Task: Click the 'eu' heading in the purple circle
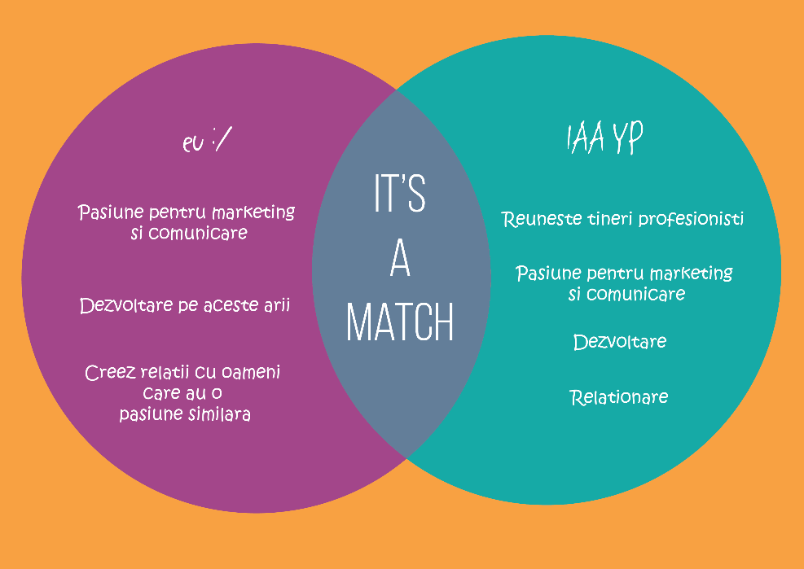[193, 143]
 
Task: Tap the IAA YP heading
[604, 138]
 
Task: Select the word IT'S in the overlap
[400, 193]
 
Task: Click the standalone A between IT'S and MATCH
[400, 258]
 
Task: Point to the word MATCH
[400, 322]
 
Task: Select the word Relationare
[619, 397]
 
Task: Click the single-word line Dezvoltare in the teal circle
[620, 342]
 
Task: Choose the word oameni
[251, 373]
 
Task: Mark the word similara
[218, 414]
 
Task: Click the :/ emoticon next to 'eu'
[222, 139]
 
